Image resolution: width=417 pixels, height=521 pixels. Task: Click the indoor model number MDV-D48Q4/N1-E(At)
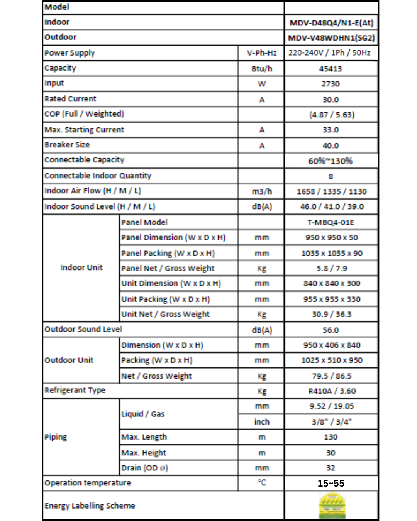[x=331, y=23]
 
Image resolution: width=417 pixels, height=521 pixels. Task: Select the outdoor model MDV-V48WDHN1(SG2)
[x=331, y=38]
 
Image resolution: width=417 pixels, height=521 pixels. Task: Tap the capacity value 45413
[x=331, y=69]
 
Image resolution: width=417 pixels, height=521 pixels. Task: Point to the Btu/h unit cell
[x=261, y=69]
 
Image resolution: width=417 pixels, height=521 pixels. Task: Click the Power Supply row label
[x=69, y=53]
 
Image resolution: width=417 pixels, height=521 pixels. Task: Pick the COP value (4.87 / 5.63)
[x=331, y=115]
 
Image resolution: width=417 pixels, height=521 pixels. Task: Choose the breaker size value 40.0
[x=331, y=145]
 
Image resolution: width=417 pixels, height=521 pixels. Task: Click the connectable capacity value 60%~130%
[x=330, y=161]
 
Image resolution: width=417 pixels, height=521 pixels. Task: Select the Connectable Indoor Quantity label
[x=98, y=176]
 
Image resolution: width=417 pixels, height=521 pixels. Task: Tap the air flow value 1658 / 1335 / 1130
[x=331, y=191]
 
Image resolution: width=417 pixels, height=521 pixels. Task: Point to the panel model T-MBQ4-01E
[x=331, y=222]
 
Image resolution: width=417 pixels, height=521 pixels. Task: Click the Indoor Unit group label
[x=81, y=267]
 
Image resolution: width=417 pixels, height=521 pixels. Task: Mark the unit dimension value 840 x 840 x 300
[x=331, y=283]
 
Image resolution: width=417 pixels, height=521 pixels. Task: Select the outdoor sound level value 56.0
[x=331, y=330]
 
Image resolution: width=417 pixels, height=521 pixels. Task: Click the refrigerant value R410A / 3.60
[x=332, y=391]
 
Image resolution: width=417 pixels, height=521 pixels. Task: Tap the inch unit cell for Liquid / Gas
[x=261, y=422]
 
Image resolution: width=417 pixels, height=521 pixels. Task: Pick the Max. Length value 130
[x=331, y=437]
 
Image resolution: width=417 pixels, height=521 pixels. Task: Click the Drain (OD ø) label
[x=144, y=468]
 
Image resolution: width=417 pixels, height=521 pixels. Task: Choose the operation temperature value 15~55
[x=331, y=483]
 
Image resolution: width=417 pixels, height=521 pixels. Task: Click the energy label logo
[x=332, y=506]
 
